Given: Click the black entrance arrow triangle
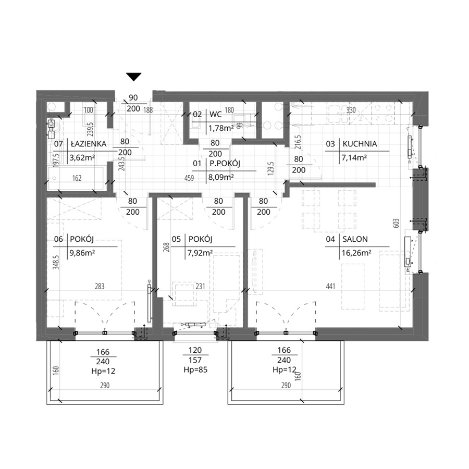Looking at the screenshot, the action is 133,77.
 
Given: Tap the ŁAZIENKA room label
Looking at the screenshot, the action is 89,144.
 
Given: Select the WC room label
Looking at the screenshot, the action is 215,114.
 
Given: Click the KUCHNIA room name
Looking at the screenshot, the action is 360,144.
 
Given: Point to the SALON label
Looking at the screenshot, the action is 355,239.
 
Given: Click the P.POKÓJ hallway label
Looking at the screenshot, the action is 225,163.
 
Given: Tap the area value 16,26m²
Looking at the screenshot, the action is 356,253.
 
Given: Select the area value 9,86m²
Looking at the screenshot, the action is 82,253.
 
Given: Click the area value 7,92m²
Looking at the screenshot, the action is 200,253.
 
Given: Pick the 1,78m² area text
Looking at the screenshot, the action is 221,128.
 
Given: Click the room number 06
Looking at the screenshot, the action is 58,239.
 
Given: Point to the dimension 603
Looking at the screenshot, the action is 396,224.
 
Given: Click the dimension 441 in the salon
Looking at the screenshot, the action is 330,286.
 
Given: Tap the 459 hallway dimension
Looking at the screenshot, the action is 189,178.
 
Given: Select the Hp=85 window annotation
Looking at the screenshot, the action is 195,369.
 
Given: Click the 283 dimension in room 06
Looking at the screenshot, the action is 100,286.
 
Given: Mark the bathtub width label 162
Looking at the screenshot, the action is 77,178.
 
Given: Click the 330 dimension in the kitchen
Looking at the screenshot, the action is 351,110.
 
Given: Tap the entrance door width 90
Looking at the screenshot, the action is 133,98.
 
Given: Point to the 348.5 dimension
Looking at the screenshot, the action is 56,262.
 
